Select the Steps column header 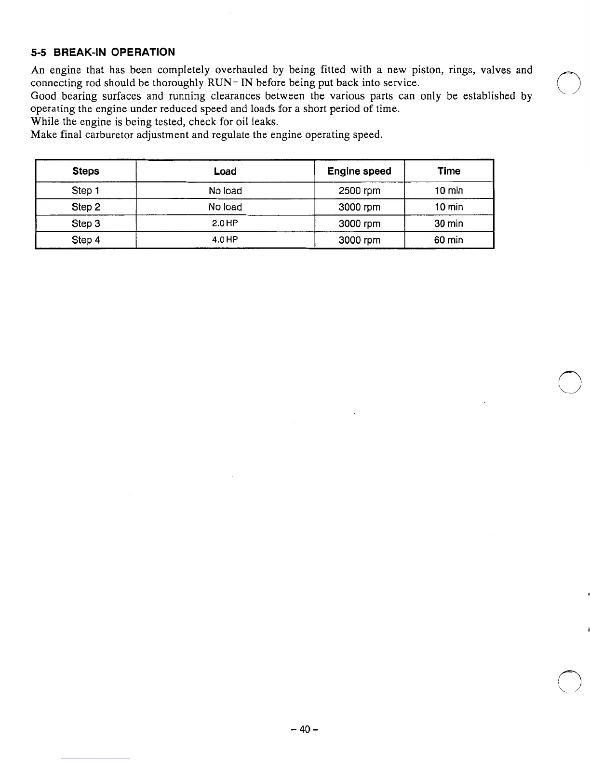point(86,171)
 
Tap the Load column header point(225,171)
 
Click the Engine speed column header point(359,171)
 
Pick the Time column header point(449,171)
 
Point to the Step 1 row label point(86,191)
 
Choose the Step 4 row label point(86,240)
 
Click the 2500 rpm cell point(359,191)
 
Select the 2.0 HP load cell point(225,224)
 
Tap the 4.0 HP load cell point(225,240)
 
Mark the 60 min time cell point(448,240)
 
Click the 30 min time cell point(448,224)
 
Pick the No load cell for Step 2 point(225,207)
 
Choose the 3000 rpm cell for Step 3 point(359,224)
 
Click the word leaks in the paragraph point(264,121)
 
